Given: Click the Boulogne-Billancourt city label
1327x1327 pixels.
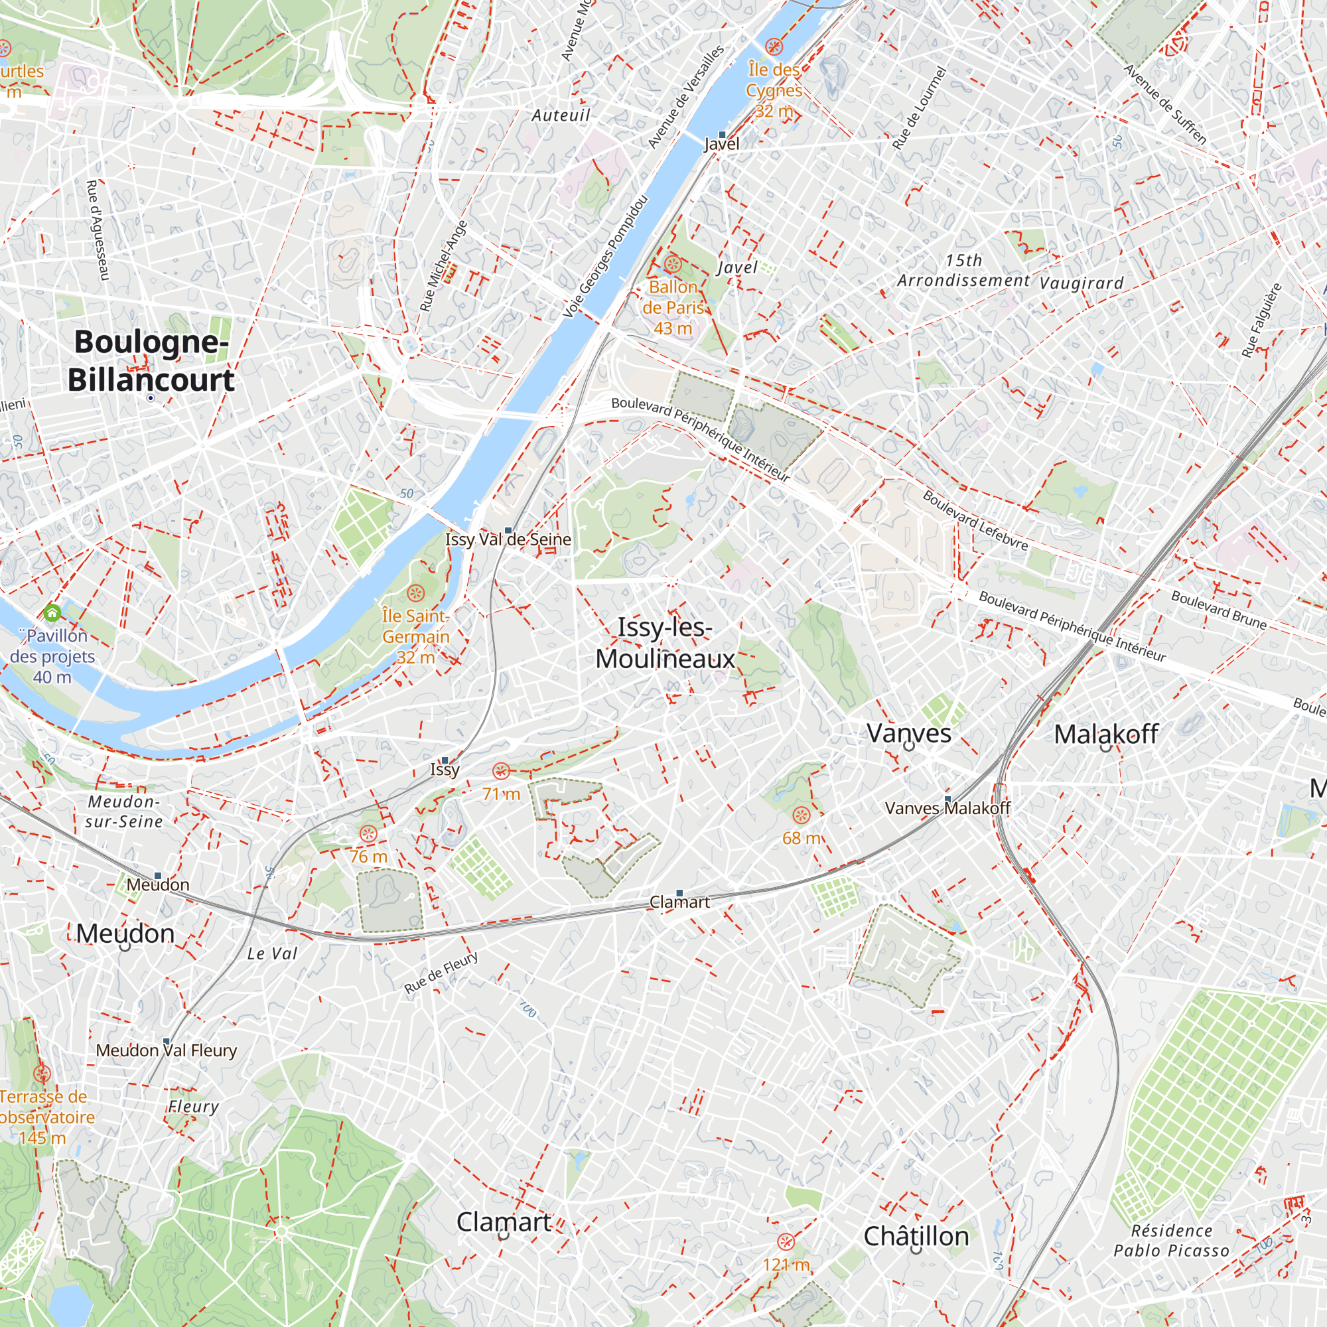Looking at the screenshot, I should click(151, 360).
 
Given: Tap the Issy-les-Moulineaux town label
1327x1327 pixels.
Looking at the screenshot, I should click(665, 643).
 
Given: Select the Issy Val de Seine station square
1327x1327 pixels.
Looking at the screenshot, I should click(508, 530).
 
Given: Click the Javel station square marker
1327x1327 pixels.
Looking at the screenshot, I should click(722, 135).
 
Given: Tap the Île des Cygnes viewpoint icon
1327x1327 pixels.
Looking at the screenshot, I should click(774, 46).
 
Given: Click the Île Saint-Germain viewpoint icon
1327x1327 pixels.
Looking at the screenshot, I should click(415, 593).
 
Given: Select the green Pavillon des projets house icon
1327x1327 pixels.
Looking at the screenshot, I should click(52, 612).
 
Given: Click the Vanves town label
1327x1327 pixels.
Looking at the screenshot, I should click(909, 733).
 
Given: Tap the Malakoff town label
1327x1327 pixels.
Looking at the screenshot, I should click(1106, 734).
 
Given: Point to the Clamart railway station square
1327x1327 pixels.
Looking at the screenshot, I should click(679, 893).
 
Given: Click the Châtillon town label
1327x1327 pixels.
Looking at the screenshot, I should click(916, 1236).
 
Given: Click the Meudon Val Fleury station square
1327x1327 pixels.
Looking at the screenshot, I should click(167, 1041).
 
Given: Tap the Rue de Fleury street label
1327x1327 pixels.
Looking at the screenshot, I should click(441, 973).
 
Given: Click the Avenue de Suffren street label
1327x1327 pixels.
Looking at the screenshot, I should click(1166, 104).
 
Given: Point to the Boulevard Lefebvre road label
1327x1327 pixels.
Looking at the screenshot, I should click(975, 522).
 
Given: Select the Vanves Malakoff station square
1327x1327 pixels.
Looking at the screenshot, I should click(948, 799).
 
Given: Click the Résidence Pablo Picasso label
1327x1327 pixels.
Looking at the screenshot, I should click(1171, 1241).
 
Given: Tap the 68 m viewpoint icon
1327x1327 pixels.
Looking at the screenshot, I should click(801, 815).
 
